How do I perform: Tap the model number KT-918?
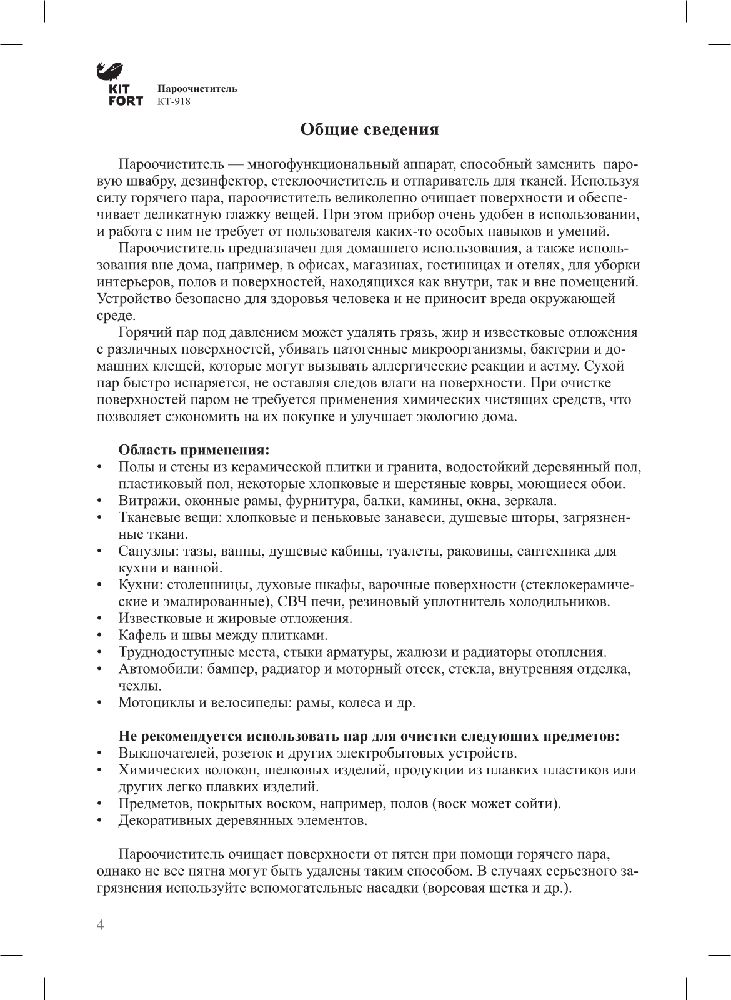(x=174, y=101)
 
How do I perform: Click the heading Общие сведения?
(x=370, y=129)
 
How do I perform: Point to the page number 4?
(x=100, y=926)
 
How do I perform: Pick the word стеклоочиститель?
(x=332, y=182)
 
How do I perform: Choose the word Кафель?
(x=139, y=636)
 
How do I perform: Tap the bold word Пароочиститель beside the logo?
(x=197, y=89)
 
